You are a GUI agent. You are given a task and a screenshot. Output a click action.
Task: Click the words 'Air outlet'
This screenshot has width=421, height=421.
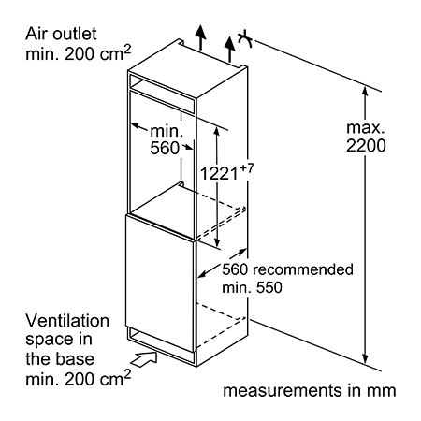point(61,34)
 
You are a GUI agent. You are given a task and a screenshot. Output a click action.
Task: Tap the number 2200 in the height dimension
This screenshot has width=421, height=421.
point(366,145)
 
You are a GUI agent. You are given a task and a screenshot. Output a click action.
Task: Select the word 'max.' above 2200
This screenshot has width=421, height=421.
point(365,127)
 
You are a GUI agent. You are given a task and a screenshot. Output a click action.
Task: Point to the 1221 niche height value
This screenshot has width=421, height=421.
point(219,173)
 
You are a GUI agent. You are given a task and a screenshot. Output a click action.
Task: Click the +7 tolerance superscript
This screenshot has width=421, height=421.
point(247,168)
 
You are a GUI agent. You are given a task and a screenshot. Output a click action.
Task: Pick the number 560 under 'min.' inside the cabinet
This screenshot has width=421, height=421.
point(165,148)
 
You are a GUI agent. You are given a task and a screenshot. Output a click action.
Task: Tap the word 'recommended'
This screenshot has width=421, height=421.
point(303,269)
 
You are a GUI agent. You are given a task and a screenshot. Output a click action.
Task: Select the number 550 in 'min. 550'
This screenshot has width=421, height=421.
point(268,287)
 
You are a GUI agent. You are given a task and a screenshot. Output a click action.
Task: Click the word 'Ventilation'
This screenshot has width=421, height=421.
point(67,321)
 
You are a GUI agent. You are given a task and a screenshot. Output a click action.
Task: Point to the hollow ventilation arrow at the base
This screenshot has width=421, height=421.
point(144,358)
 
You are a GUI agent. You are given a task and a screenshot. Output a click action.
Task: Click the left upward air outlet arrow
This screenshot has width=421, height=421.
point(201,36)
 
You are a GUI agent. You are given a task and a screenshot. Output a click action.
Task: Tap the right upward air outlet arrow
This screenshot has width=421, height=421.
point(229,49)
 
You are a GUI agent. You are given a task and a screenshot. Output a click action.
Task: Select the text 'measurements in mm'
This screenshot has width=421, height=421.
point(310,391)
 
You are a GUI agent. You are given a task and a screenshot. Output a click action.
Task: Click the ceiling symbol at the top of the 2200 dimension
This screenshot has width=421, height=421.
point(245,38)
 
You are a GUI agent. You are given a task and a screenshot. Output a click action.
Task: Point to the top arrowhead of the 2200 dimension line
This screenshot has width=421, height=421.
point(365,91)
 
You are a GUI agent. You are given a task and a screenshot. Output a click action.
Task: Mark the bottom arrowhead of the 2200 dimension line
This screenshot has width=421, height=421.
point(366,358)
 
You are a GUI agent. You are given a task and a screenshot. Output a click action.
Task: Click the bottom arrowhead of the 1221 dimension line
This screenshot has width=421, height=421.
point(217,241)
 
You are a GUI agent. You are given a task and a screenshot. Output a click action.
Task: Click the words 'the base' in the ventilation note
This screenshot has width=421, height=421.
point(60,359)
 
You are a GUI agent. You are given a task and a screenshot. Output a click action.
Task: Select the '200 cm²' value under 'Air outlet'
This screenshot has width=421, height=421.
point(98,53)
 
